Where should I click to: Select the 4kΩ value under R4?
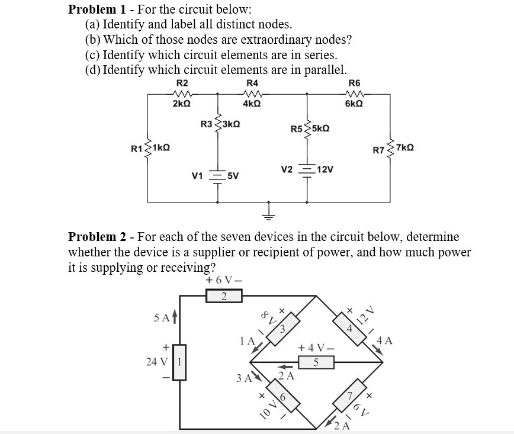click(252, 104)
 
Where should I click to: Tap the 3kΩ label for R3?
click(232, 125)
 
